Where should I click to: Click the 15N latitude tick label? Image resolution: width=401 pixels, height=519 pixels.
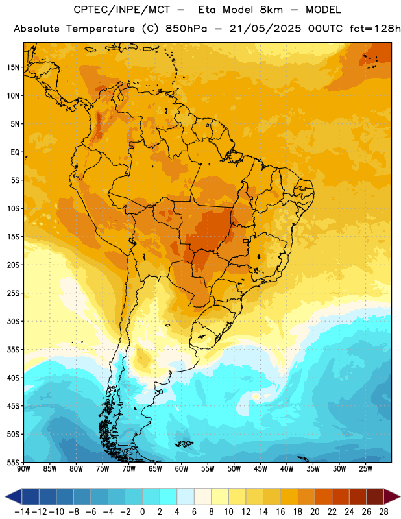(13, 67)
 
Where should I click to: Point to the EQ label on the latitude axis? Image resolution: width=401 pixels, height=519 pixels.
(15, 152)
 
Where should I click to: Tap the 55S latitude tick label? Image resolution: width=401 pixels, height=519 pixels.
(13, 462)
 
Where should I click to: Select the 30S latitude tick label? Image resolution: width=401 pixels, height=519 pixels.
(13, 321)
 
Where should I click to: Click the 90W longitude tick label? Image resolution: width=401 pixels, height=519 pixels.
(24, 468)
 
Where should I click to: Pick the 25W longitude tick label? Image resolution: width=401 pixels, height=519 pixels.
(365, 468)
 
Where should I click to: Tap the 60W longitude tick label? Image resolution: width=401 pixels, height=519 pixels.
(182, 468)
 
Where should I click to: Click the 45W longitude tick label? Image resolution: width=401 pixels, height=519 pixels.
(261, 468)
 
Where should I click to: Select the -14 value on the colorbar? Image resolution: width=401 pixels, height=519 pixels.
(22, 512)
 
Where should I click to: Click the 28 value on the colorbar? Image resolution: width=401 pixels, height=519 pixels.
(383, 512)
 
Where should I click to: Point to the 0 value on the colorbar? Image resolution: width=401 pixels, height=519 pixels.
(142, 512)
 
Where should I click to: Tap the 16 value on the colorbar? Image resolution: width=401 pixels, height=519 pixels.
(280, 512)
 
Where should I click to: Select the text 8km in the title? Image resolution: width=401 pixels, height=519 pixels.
(271, 10)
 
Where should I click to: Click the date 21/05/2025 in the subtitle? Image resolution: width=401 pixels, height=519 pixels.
(265, 29)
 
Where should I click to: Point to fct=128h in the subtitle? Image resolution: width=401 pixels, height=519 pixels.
(375, 29)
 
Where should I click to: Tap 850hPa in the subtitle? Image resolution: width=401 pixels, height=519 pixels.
(186, 29)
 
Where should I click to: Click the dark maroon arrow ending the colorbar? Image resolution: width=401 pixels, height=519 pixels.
(392, 496)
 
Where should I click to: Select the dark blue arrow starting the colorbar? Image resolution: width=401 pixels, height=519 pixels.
(14, 496)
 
